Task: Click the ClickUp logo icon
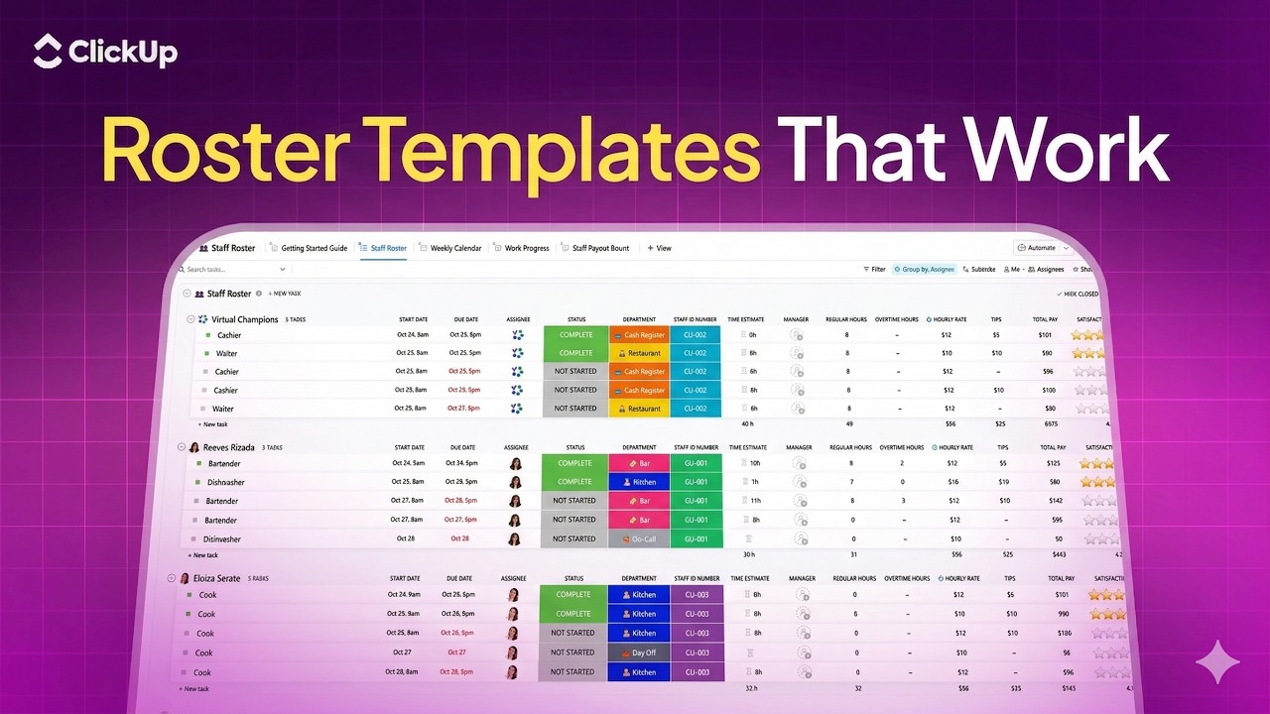[48, 52]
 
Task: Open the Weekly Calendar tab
[455, 248]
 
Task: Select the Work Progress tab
[526, 248]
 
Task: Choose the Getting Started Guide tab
[314, 248]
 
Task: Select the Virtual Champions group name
[244, 319]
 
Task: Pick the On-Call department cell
[639, 539]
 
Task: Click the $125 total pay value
[1054, 463]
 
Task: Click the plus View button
[660, 248]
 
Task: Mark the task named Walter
[227, 353]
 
